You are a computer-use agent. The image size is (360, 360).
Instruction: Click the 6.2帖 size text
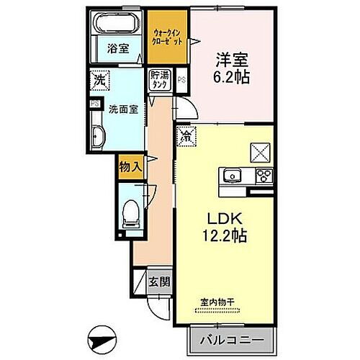click(230, 77)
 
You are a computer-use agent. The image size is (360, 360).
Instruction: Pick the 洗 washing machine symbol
click(99, 81)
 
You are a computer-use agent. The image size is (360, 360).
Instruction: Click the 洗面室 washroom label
click(123, 111)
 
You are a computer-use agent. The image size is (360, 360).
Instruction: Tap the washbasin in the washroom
click(99, 134)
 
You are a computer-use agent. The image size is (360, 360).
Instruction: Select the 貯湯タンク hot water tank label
click(158, 80)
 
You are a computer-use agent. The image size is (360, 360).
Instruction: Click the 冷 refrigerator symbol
click(185, 135)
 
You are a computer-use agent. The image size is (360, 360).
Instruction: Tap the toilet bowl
click(130, 210)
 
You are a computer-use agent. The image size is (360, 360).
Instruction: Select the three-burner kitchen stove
click(262, 175)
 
